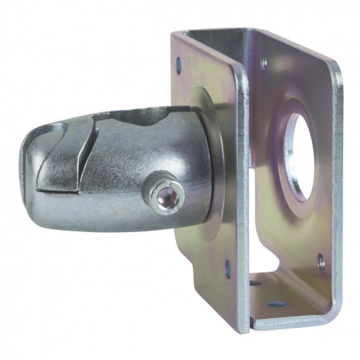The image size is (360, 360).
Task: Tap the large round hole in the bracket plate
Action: pyautogui.click(x=297, y=156)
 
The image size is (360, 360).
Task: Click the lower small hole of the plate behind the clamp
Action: pyautogui.click(x=227, y=270)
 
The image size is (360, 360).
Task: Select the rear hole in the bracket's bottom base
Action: pyautogui.click(x=256, y=283)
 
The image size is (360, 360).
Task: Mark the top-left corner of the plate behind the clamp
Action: pyautogui.click(x=174, y=36)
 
